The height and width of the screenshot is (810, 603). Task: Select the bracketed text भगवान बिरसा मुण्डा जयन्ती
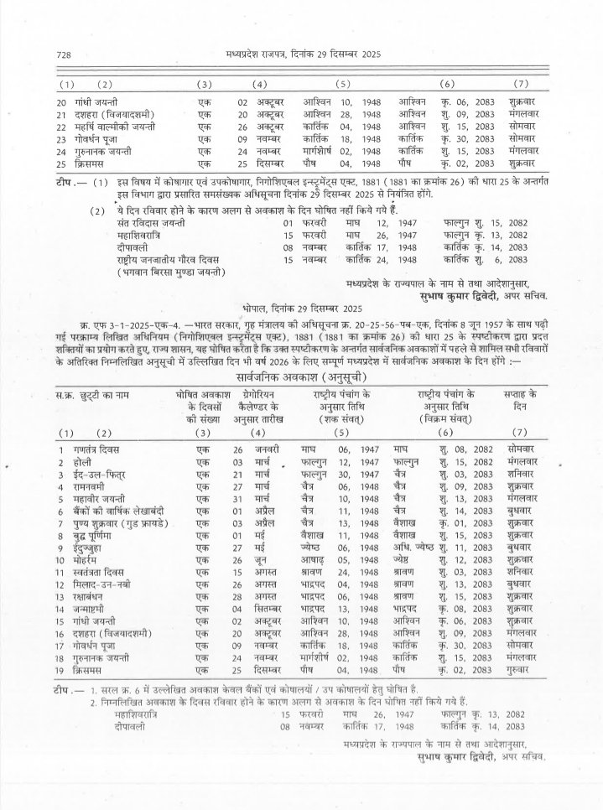point(173,273)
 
